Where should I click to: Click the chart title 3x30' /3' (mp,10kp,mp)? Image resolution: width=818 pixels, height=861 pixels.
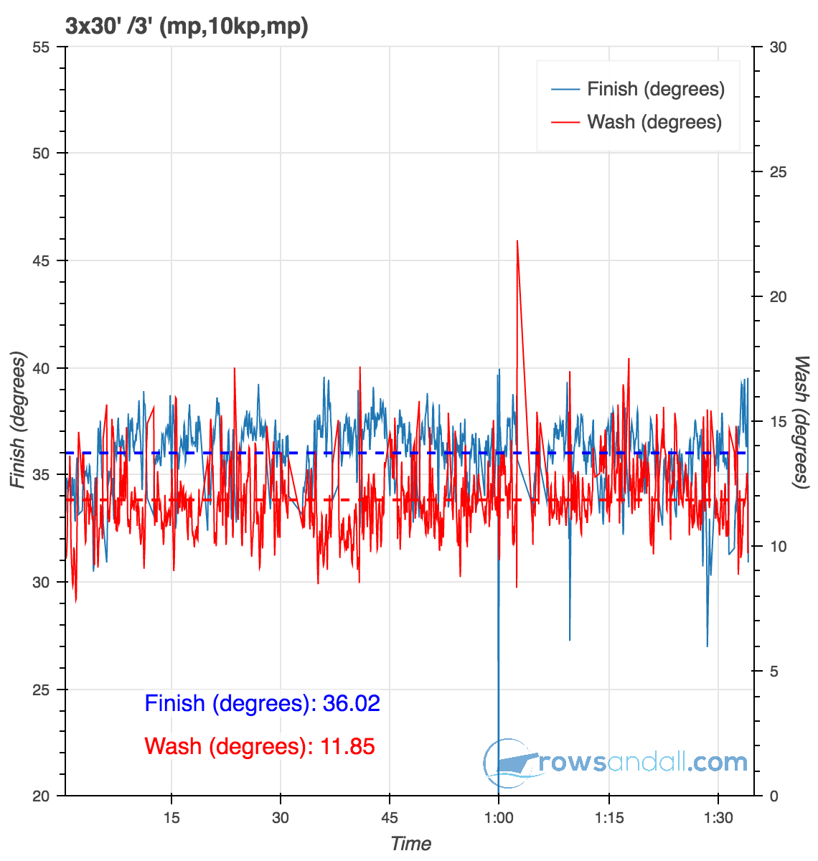pos(187,27)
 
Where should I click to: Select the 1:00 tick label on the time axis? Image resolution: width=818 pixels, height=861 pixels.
pos(499,819)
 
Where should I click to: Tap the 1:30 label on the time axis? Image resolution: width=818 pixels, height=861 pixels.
pos(719,819)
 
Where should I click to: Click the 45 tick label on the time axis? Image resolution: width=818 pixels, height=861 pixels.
pos(390,819)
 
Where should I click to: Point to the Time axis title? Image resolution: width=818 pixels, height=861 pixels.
pos(410,844)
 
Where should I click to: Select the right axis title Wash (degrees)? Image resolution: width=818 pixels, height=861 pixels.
pos(801,423)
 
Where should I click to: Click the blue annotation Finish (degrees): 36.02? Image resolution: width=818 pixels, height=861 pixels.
pos(262,703)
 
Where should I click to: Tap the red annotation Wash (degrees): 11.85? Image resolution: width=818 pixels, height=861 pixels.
pos(260,746)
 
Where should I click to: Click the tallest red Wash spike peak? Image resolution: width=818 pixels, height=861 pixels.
pos(517,241)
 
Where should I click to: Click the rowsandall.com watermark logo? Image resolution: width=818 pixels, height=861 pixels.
pos(616,763)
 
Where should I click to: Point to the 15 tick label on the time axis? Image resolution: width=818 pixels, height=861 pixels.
pos(171,819)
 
